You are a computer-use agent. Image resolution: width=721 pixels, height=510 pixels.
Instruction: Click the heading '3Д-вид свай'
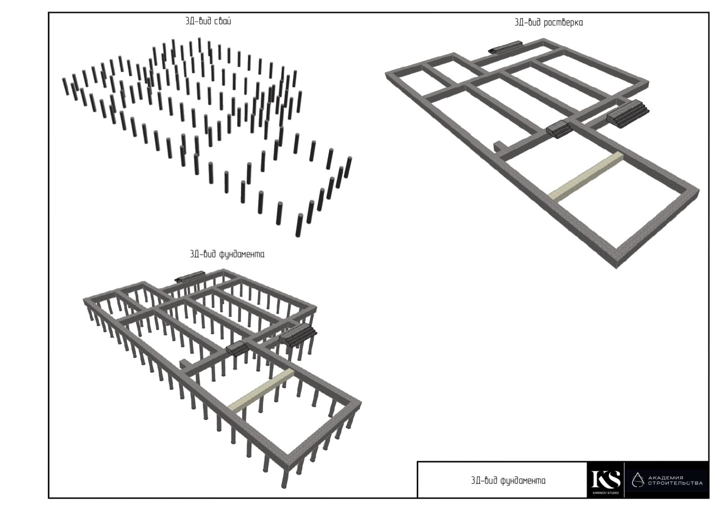click(x=208, y=21)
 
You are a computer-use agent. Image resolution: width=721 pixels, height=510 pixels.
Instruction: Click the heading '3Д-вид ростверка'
click(x=548, y=23)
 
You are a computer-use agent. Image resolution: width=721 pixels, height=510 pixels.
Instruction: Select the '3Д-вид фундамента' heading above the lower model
click(x=227, y=254)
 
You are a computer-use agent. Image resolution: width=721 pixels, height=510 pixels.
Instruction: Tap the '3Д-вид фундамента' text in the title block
click(x=508, y=481)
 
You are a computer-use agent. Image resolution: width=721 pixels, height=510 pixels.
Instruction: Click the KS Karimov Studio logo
click(x=606, y=480)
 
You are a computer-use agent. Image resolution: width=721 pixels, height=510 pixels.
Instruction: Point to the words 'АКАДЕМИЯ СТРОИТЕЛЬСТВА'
click(x=675, y=480)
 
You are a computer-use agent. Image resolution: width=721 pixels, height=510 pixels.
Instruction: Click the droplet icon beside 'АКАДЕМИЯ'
click(x=638, y=480)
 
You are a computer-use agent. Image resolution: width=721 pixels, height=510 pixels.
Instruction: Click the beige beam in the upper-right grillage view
click(x=585, y=178)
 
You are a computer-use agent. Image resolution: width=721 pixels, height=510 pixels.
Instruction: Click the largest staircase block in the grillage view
click(x=627, y=114)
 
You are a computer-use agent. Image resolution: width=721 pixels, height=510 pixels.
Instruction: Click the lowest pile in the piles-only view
click(x=299, y=225)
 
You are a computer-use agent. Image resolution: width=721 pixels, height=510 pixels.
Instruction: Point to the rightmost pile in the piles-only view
click(x=348, y=167)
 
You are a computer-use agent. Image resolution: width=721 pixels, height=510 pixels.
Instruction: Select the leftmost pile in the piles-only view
click(x=66, y=87)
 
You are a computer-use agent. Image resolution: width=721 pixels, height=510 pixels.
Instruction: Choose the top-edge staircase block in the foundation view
click(x=190, y=277)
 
